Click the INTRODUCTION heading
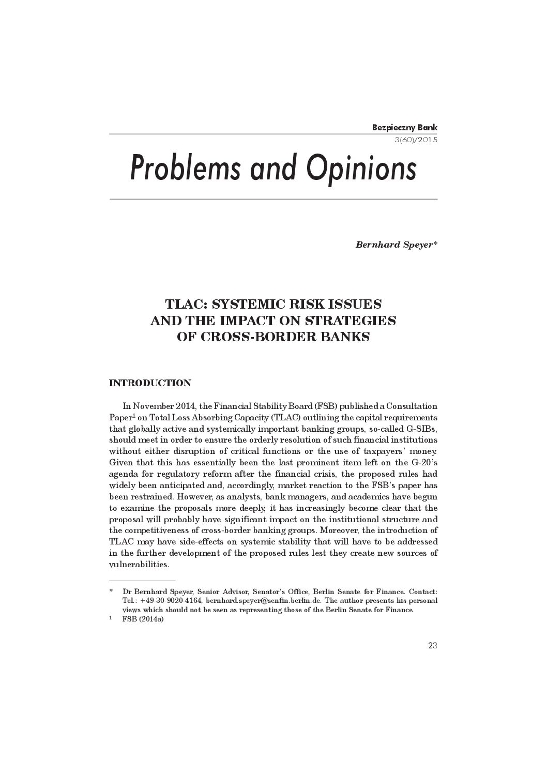point(150,383)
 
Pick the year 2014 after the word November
point(186,406)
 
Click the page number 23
point(433,645)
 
